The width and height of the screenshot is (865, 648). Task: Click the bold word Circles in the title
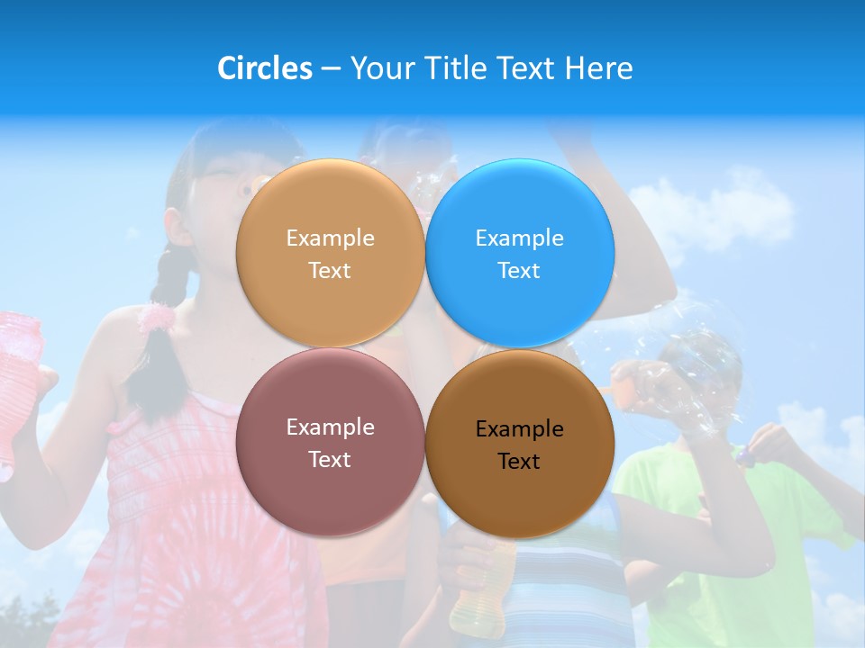click(265, 68)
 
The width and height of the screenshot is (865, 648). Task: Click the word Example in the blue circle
click(519, 238)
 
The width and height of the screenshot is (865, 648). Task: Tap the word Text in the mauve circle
click(330, 459)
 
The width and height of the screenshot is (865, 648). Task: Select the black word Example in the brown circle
click(519, 428)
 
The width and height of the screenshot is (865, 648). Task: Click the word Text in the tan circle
click(330, 270)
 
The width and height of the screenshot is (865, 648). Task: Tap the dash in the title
click(331, 68)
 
